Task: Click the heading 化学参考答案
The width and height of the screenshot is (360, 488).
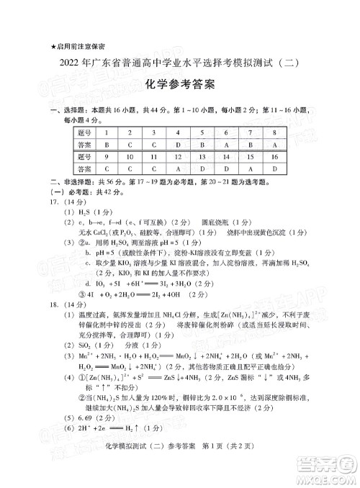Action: point(180,85)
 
